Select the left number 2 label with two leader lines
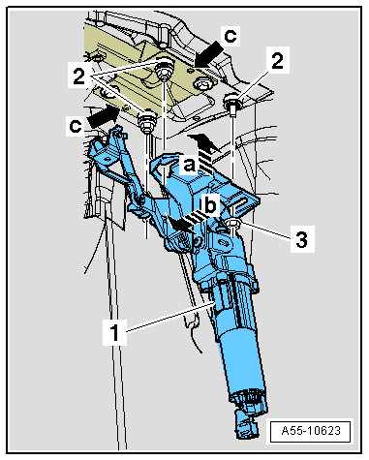pos(79,77)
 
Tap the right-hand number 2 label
pos(277,61)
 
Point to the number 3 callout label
pos(302,240)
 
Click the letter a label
pos(189,166)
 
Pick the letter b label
pos(209,205)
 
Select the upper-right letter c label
pos(231,36)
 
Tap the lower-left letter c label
pos(77,126)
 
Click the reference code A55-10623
pos(311,431)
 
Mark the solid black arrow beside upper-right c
pos(208,56)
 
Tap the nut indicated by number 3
pos(233,224)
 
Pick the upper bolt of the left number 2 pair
pos(164,70)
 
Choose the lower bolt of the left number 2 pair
pos(147,121)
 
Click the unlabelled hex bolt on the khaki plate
pos(202,85)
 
